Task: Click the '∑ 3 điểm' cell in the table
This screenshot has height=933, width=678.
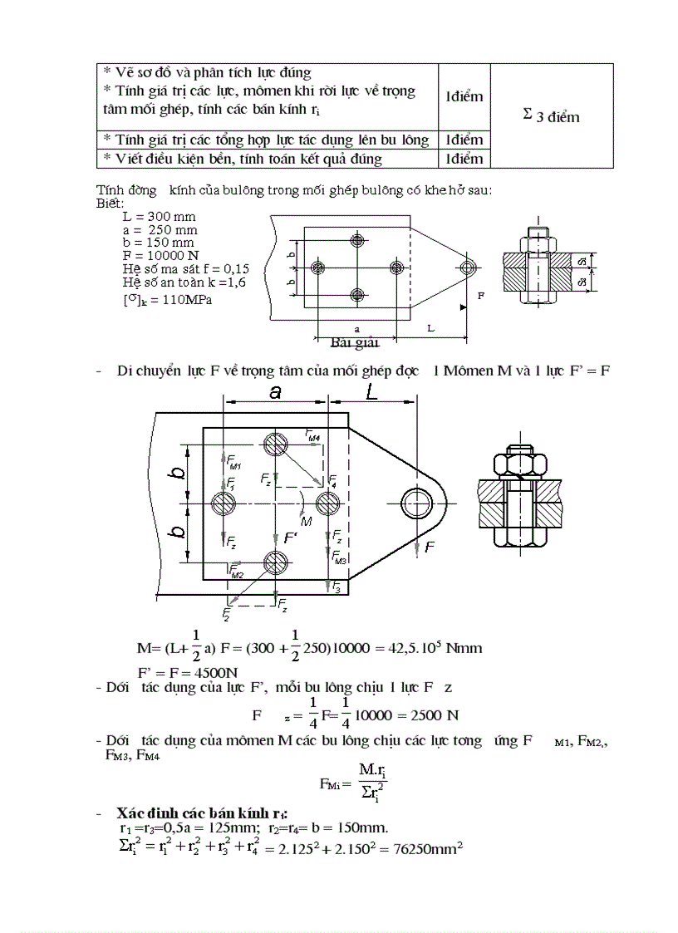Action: click(552, 116)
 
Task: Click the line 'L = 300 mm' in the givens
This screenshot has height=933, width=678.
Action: click(159, 217)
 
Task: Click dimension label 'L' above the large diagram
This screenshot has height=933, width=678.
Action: click(371, 393)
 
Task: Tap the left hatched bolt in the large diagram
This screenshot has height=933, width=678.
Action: click(224, 503)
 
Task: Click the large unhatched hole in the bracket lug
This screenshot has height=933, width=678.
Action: click(416, 503)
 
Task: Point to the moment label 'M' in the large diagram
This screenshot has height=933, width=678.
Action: click(306, 522)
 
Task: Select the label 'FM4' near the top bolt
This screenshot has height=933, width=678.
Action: click(312, 435)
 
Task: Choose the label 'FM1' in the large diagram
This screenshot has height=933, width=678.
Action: click(234, 464)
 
